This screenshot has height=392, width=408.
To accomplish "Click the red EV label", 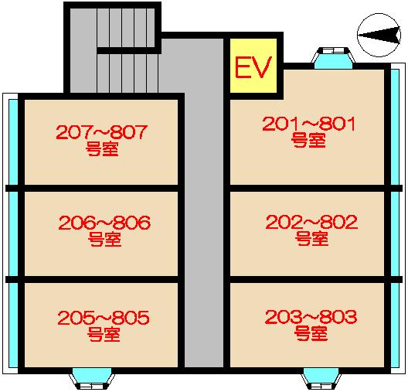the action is click(x=253, y=66).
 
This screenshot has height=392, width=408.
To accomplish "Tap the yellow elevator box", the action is click(x=253, y=65).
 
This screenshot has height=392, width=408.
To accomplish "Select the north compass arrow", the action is click(x=379, y=35).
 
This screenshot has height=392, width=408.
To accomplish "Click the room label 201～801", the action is click(x=308, y=124).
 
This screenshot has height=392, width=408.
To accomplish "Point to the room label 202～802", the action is click(x=311, y=222).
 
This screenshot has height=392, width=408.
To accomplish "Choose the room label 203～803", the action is click(x=311, y=317).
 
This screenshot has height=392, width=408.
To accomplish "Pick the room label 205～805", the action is click(x=104, y=318).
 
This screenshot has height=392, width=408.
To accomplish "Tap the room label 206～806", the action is click(x=104, y=223).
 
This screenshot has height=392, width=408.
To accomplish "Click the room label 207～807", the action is click(x=102, y=132).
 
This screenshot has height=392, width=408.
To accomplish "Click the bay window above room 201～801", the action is click(x=333, y=58).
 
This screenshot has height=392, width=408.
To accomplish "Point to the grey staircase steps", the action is click(x=127, y=50).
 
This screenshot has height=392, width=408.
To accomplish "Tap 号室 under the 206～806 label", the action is click(x=104, y=239).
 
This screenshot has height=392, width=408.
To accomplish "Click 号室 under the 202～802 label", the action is click(x=311, y=238).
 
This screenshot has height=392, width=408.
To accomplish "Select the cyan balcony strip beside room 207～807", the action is click(x=13, y=141).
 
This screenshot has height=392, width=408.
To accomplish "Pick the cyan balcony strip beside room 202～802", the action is click(x=395, y=233).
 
